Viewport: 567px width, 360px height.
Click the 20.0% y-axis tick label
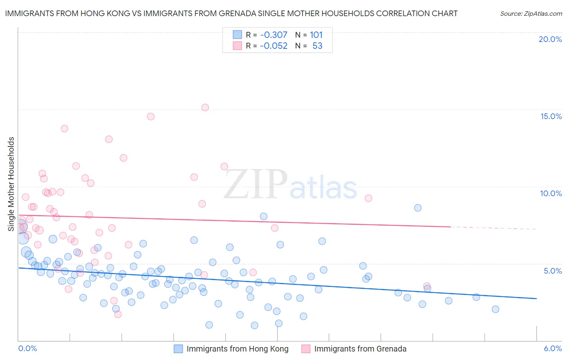pyautogui.click(x=550, y=40)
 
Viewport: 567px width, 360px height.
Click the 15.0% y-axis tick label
pyautogui.click(x=551, y=116)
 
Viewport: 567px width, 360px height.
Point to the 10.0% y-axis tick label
pyautogui.click(x=551, y=193)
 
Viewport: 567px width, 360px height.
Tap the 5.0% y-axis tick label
pyautogui.click(x=552, y=271)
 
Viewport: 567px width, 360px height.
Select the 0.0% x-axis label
pyautogui.click(x=27, y=349)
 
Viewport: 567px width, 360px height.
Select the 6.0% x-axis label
pyautogui.click(x=552, y=349)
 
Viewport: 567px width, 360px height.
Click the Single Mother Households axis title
pyautogui.click(x=11, y=184)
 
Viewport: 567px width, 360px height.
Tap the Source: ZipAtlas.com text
pyautogui.click(x=531, y=13)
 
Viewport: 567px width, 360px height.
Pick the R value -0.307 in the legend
pyautogui.click(x=273, y=35)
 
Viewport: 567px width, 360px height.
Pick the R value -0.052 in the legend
pyautogui.click(x=273, y=46)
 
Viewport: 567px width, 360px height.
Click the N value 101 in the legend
pyautogui.click(x=316, y=35)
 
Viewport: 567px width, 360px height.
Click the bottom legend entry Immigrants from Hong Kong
pyautogui.click(x=237, y=349)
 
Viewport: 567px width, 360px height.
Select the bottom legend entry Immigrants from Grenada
pyautogui.click(x=360, y=349)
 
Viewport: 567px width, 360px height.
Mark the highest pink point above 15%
pyautogui.click(x=205, y=107)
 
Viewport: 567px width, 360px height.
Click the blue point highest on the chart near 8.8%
pyautogui.click(x=418, y=208)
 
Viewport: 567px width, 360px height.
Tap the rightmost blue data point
pyautogui.click(x=496, y=309)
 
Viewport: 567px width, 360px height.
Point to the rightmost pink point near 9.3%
pyautogui.click(x=368, y=198)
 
